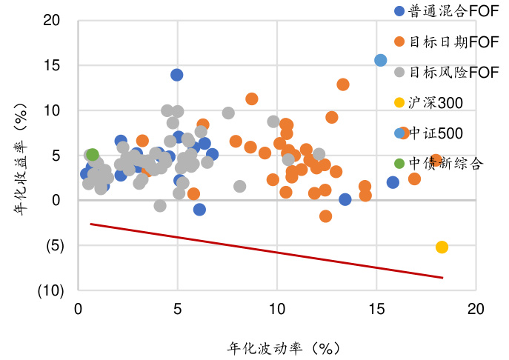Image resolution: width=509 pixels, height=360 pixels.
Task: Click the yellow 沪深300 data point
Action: point(442,247)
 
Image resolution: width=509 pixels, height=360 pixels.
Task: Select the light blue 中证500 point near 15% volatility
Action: point(381,60)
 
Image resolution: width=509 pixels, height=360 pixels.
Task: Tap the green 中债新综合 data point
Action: point(93,155)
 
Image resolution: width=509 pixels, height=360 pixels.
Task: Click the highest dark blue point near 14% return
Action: point(177,75)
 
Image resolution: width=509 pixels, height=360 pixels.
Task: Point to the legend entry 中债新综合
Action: point(445,164)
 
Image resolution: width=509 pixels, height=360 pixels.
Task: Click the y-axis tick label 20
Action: point(51,20)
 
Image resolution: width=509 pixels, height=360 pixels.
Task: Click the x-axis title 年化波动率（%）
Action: point(284,347)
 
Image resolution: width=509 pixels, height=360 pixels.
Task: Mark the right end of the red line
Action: point(442,278)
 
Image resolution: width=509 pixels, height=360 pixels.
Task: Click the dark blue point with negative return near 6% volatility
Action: point(199,210)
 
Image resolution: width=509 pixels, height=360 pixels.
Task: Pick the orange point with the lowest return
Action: point(325,216)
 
